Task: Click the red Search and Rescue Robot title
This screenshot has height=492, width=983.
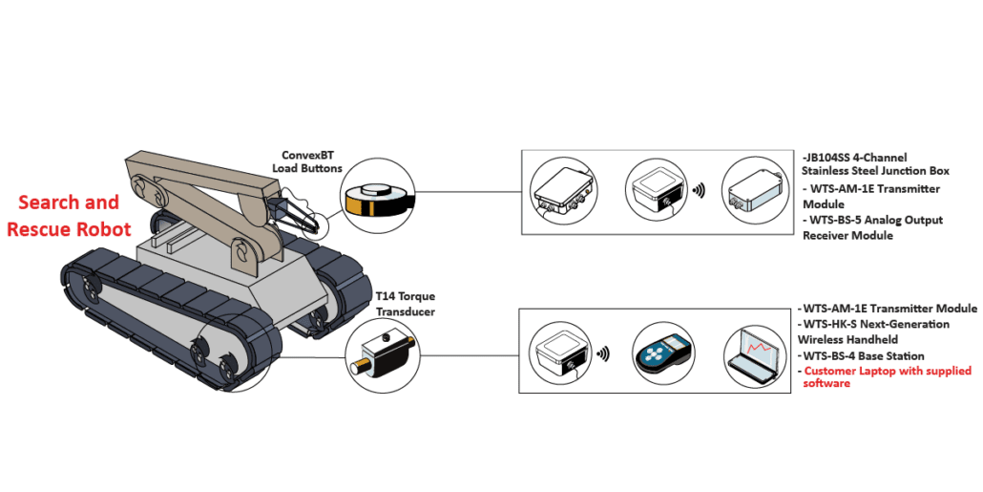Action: click(x=69, y=215)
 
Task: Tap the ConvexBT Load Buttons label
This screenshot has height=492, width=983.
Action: click(x=311, y=161)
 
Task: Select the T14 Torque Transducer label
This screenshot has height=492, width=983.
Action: click(x=405, y=303)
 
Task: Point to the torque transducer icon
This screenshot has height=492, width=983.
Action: click(x=383, y=353)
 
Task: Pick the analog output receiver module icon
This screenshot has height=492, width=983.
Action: click(x=753, y=188)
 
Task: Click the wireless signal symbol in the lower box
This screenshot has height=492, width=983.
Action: click(x=603, y=354)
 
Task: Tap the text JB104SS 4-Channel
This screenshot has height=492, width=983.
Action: click(x=854, y=157)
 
